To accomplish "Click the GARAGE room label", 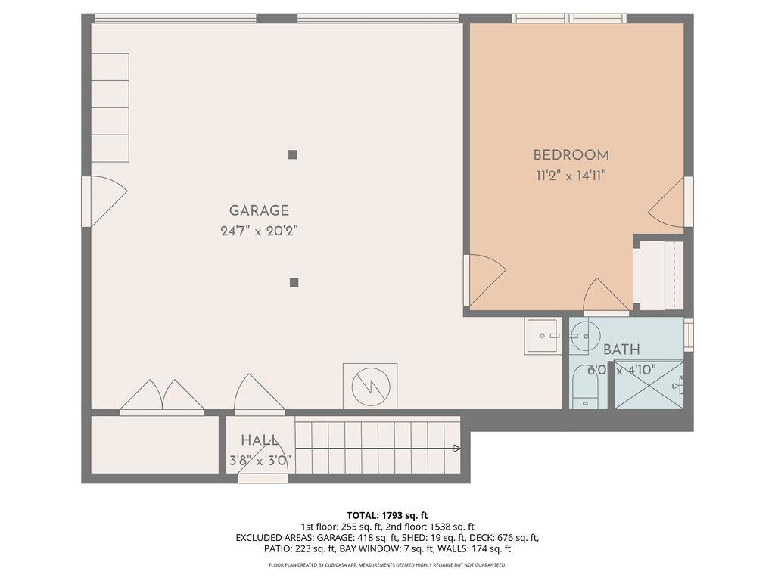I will point(259,211).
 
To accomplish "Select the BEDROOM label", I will point(571,155).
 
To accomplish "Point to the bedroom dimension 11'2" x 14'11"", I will point(571,176).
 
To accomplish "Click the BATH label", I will point(621,350).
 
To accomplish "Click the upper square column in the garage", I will point(293,154).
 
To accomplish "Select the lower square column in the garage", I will point(294,283).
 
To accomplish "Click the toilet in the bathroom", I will point(584,387).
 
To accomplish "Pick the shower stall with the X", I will point(649,385).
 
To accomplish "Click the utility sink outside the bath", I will point(543,335).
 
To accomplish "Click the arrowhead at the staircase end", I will point(456,449).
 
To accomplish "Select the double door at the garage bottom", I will point(162,397).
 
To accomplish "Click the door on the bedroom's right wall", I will point(670,202).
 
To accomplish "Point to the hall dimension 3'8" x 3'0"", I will point(260,460).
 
